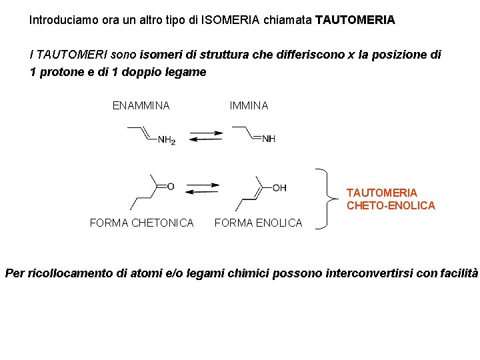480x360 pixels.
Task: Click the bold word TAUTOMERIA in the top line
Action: (355, 20)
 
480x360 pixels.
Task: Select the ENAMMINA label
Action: (141, 105)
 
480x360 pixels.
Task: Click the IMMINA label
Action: (249, 105)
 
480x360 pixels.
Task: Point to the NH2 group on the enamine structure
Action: (167, 140)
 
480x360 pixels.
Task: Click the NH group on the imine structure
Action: (269, 139)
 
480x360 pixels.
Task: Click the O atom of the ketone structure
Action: (171, 186)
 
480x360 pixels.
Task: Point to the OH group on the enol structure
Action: (279, 187)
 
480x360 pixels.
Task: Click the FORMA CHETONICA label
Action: (141, 223)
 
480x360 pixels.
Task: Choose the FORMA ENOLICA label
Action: (258, 223)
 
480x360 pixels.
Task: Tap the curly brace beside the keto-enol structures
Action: (327, 198)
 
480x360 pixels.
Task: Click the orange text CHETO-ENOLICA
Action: (391, 205)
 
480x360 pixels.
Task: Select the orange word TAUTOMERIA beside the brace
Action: (382, 193)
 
